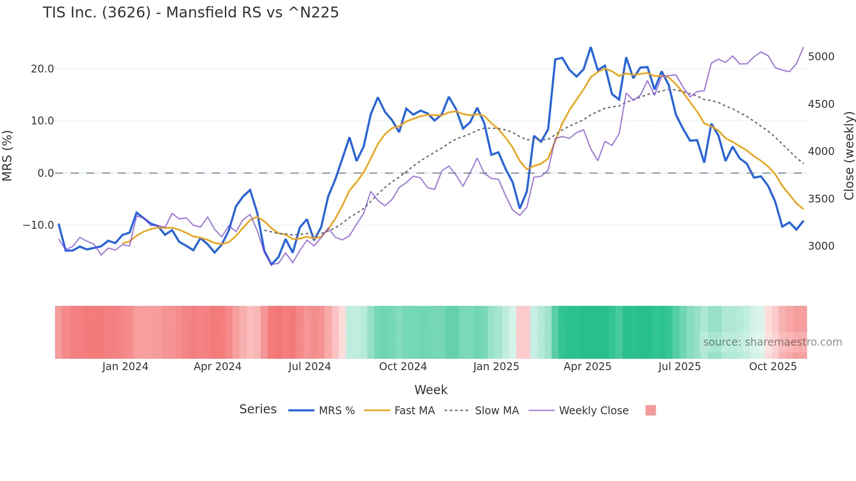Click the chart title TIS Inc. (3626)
[x=190, y=12]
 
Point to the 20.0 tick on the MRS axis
[x=42, y=69]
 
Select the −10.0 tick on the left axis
[x=38, y=225]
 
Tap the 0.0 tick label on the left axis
[x=45, y=173]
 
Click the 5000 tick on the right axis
[x=821, y=57]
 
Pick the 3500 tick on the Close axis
[x=821, y=199]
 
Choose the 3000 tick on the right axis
[x=821, y=246]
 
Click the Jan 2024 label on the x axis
[x=125, y=367]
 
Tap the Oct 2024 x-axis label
[x=403, y=367]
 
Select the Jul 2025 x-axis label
[x=680, y=367]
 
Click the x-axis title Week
[x=431, y=390]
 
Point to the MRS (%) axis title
[x=7, y=156]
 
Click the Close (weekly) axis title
[x=849, y=156]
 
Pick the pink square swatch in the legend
[x=650, y=410]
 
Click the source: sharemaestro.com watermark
[x=772, y=342]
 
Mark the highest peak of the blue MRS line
[x=590, y=47]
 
